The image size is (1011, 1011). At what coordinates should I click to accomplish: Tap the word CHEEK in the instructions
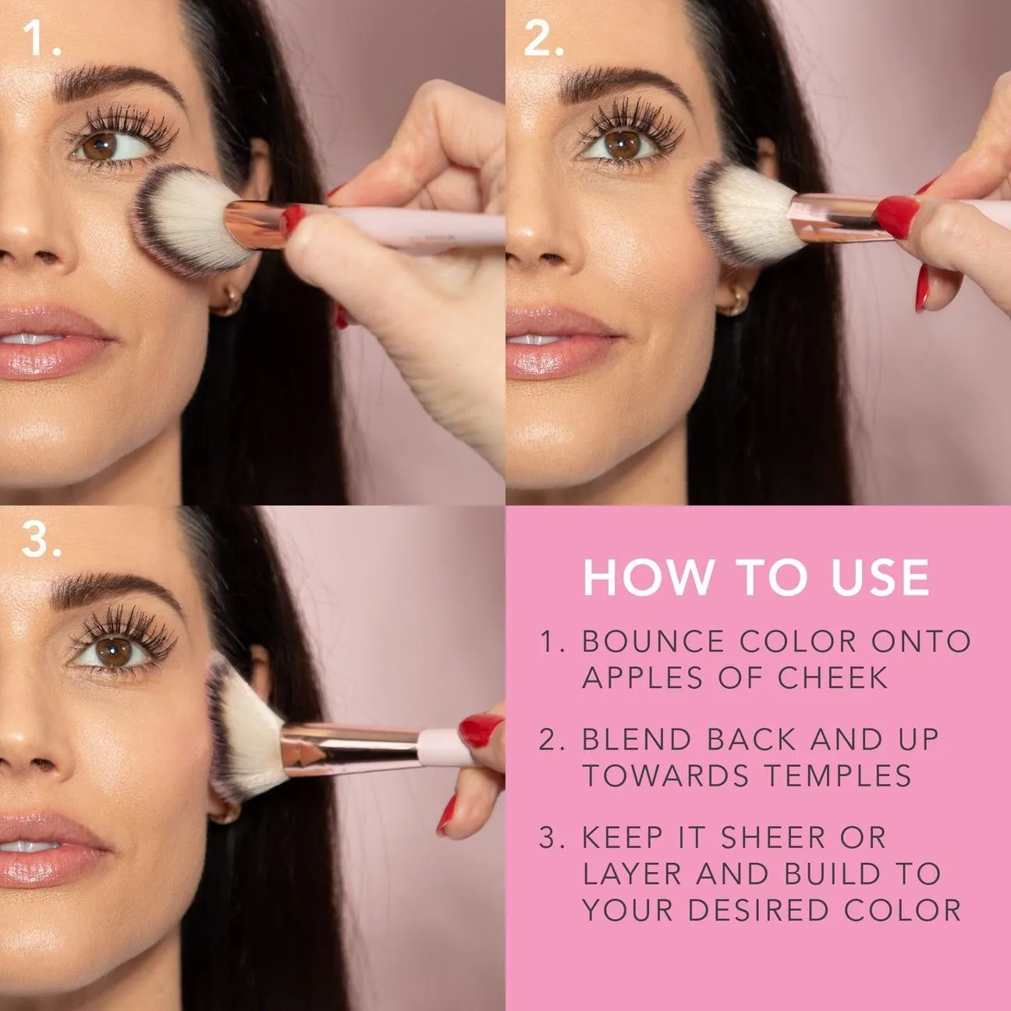coord(832,677)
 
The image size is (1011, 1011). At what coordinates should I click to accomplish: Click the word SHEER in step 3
coord(773,837)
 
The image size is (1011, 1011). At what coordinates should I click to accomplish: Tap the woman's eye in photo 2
coord(622,145)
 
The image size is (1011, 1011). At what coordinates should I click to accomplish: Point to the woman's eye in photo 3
coord(112,652)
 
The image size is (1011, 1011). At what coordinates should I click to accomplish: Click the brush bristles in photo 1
coord(188,219)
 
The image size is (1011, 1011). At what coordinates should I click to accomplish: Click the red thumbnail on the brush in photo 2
coord(896,216)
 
